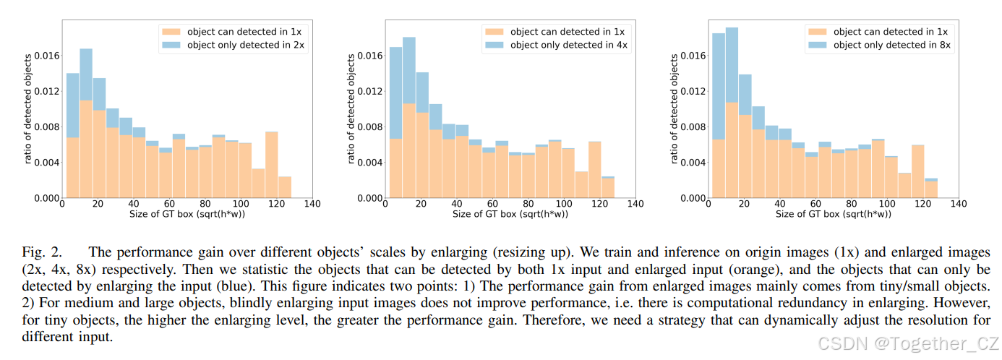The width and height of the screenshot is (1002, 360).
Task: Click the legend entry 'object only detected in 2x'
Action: [x=232, y=45]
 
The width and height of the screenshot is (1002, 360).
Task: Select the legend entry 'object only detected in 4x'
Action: [x=556, y=45]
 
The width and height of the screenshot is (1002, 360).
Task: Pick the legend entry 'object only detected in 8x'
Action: [x=879, y=45]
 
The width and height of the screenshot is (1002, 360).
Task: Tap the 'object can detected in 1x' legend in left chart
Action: [x=232, y=32]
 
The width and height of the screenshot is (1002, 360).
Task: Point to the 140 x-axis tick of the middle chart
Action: [x=635, y=205]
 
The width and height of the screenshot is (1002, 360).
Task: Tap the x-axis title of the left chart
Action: [x=187, y=215]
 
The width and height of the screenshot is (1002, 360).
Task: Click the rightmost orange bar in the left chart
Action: [x=285, y=187]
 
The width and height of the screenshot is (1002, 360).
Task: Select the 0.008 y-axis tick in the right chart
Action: [x=693, y=127]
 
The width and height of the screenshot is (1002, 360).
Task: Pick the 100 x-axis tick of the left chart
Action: [x=241, y=205]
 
